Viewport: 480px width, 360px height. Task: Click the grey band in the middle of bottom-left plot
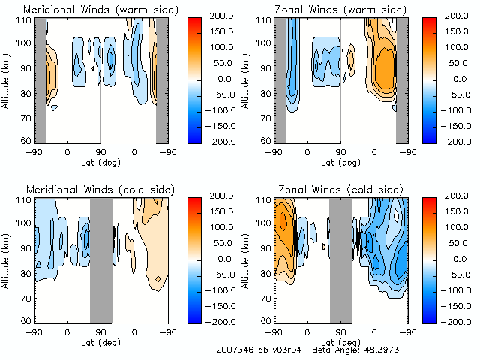point(100,259)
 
